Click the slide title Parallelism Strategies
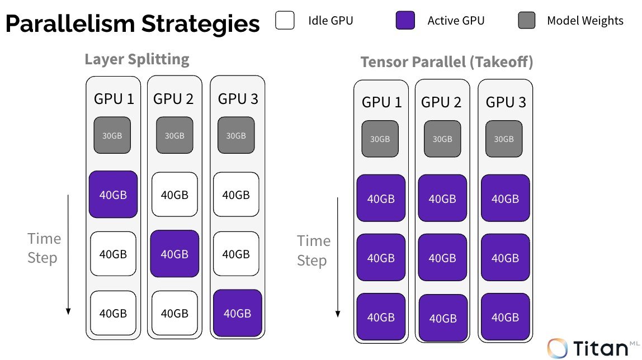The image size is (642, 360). coord(133,24)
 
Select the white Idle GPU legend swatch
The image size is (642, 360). coord(285,21)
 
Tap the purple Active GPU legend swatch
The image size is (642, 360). coord(405,21)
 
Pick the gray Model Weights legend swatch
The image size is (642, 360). coord(526,21)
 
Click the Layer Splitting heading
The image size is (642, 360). coord(137,59)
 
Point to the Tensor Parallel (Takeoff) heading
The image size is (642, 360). coord(447,62)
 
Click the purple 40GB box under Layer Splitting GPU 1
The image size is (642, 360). coord(113,195)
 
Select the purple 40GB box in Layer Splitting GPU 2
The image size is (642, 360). coord(174,254)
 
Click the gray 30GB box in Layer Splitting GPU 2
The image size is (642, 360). coord(174,135)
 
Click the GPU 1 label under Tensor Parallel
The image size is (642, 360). coord(381,102)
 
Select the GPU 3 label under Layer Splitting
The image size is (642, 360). coord(238,99)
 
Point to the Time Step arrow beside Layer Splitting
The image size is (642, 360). coord(68,254)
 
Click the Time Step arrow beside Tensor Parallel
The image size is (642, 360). coord(338,257)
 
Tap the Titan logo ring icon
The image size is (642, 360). coord(558,348)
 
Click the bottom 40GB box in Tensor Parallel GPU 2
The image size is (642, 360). coord(442,318)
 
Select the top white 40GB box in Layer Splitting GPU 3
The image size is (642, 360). coord(236,195)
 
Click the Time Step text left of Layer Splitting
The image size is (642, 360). coord(44,248)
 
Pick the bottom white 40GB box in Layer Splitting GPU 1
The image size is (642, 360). coord(113,313)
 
